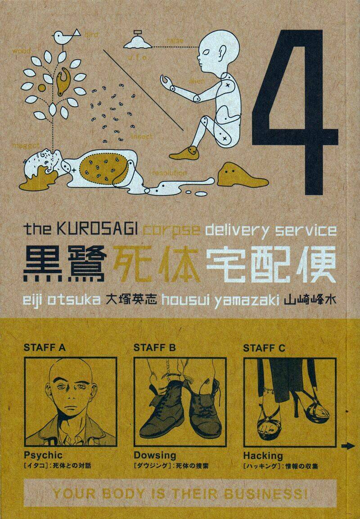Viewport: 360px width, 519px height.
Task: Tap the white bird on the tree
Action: tap(63, 37)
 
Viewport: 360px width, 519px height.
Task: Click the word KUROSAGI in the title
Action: tap(99, 230)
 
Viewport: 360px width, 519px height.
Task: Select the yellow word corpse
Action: tap(171, 230)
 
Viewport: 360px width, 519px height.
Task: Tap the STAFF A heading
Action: tap(44, 348)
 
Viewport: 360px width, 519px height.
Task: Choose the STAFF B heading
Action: tap(154, 348)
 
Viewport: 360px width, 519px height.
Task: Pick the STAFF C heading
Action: tap(264, 348)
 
